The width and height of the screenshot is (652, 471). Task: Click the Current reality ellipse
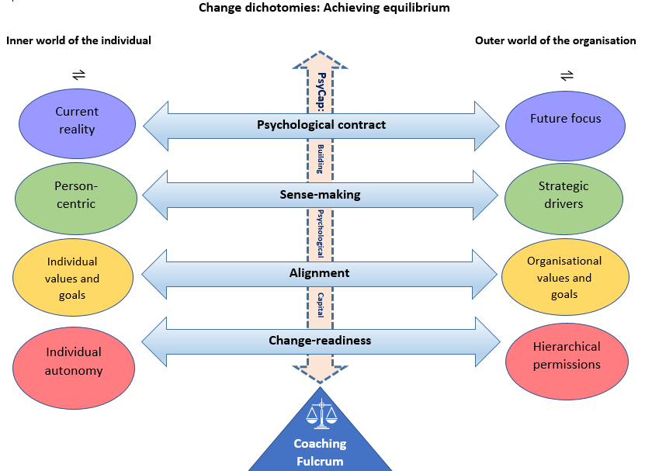pos(77,122)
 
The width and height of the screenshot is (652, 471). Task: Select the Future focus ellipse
pos(566,120)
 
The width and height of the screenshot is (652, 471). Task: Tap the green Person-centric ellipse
pos(75,195)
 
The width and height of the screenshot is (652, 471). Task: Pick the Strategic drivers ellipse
pos(564,195)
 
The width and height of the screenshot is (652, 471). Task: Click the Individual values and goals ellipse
pos(73,278)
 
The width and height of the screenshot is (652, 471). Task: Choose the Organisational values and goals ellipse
pos(564,277)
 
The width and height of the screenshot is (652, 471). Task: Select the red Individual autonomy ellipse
pos(74,362)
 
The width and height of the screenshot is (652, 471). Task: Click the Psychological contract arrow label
pos(321,124)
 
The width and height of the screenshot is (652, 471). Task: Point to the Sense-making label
pos(320,195)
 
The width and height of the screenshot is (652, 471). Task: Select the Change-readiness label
pos(320,340)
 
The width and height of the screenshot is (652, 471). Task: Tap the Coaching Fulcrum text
pos(320,452)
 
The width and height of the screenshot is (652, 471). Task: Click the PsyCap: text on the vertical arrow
pos(321,92)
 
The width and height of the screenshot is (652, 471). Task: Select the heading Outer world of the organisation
pos(555,40)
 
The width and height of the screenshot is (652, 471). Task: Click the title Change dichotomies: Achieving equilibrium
pos(324,8)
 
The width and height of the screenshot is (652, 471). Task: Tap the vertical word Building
pos(320,159)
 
